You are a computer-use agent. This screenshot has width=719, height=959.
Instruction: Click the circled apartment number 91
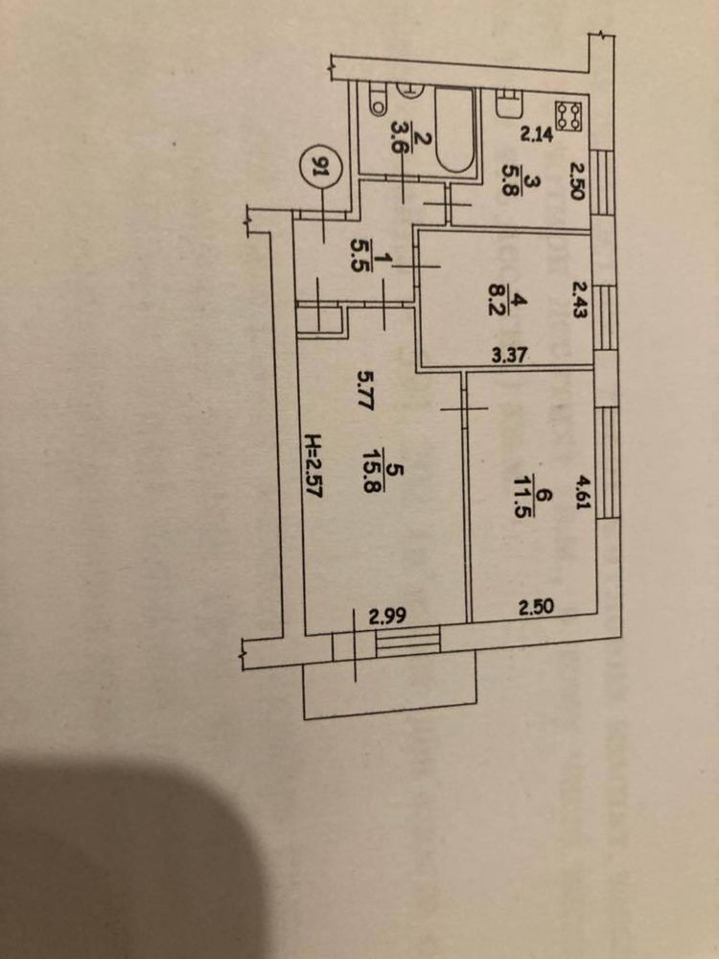pos(318,165)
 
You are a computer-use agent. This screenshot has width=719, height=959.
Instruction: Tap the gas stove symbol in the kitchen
pos(568,116)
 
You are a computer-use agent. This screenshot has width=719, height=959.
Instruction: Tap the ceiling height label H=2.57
pos(313,467)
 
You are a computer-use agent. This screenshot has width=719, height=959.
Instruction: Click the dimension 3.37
pos(509,355)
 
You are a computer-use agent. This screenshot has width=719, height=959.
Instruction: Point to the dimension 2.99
pos(387,618)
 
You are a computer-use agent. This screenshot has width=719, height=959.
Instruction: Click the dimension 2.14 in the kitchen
pos(537,133)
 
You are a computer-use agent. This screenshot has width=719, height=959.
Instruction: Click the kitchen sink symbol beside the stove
pos(508,104)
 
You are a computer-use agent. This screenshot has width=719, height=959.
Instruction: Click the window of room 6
pos(608,462)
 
